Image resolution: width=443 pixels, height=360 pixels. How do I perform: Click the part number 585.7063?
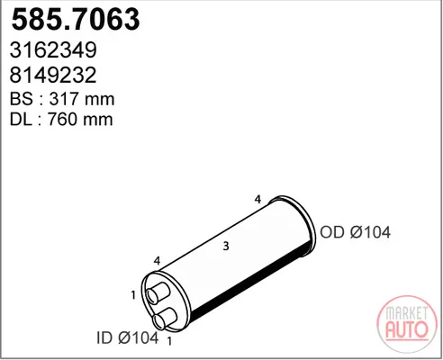[x=76, y=19]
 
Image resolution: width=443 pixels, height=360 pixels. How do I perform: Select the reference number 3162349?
[x=53, y=49]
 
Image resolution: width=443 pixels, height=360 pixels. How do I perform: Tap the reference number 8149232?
[x=53, y=75]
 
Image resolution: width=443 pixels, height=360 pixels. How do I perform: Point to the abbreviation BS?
[x=21, y=99]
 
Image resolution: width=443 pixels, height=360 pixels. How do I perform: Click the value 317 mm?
[x=82, y=99]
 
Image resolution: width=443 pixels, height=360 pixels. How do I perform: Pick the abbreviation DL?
[x=21, y=119]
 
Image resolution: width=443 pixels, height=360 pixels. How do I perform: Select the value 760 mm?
[x=80, y=119]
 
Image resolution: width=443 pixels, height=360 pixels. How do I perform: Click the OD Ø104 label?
[x=355, y=232]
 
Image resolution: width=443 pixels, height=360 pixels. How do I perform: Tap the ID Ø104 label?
[x=128, y=337]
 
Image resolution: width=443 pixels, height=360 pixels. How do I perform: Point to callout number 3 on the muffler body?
[x=226, y=246]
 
